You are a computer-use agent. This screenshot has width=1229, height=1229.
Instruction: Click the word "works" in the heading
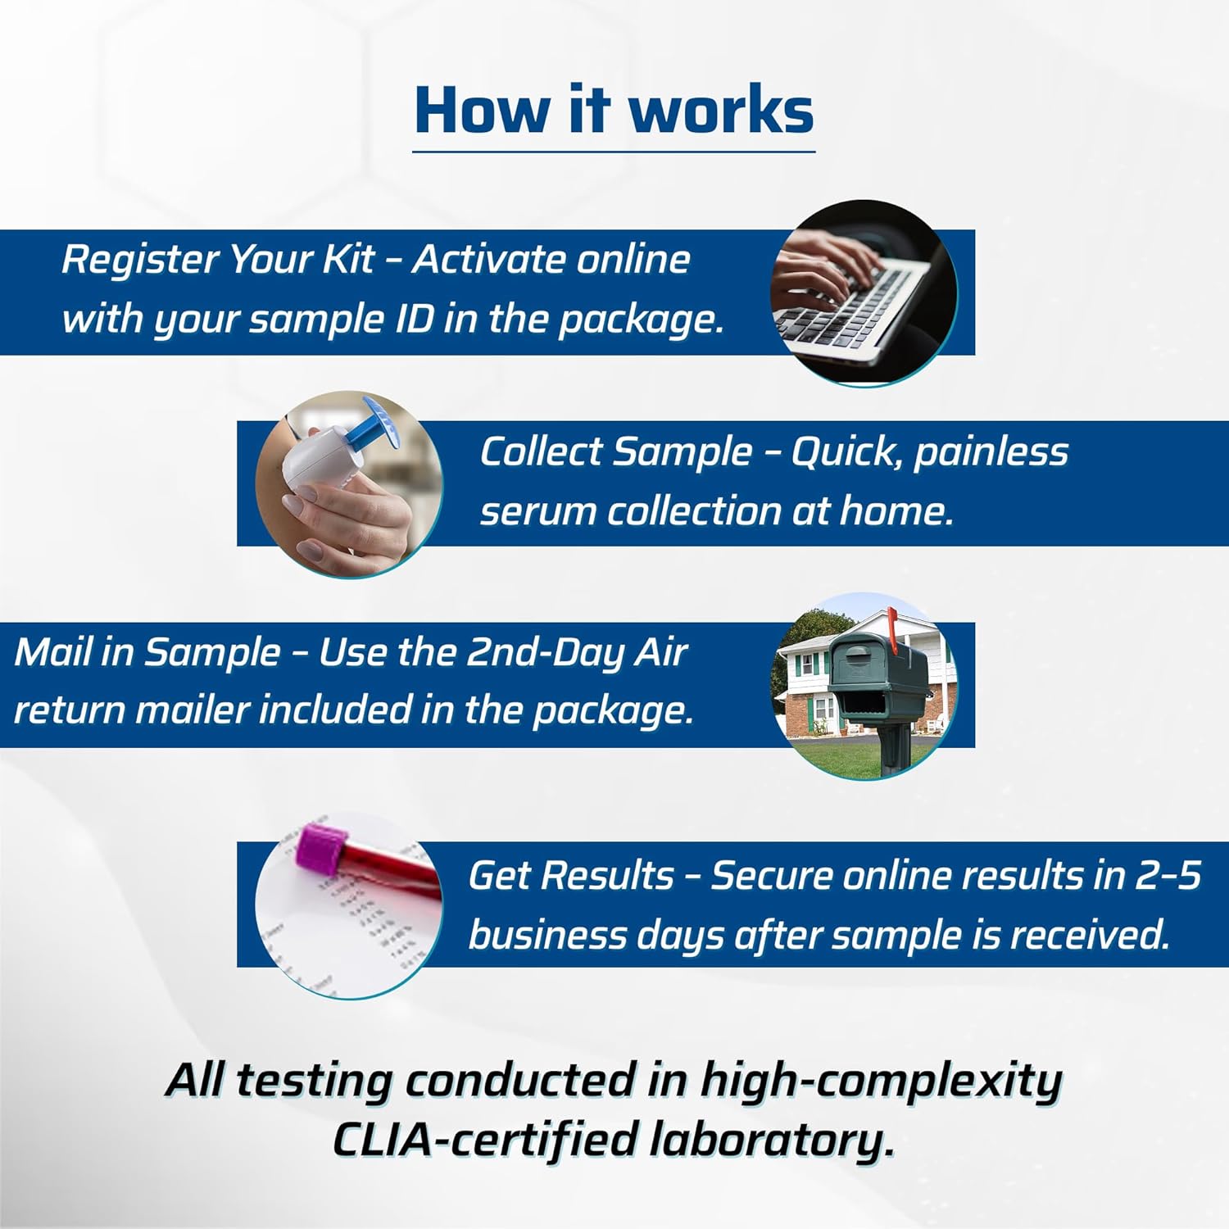coord(721,110)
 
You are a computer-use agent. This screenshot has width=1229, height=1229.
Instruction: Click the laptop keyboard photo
coord(864,293)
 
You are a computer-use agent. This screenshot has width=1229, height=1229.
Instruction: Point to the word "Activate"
coord(489,260)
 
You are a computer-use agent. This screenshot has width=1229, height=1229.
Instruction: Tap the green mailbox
coord(878,679)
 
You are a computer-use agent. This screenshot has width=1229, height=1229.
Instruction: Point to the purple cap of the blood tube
coord(317,847)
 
